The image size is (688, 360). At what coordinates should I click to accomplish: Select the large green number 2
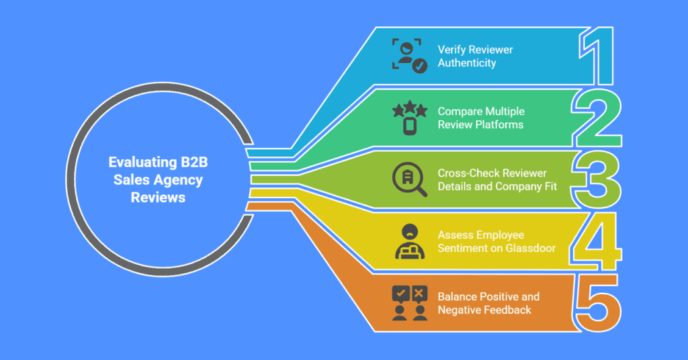click(x=597, y=119)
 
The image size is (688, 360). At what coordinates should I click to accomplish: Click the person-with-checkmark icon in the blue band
click(x=409, y=56)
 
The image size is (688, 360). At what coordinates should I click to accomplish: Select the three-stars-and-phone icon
click(x=409, y=118)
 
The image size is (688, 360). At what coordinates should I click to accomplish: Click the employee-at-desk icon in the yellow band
click(x=409, y=242)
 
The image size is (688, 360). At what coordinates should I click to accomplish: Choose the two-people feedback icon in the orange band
click(x=409, y=303)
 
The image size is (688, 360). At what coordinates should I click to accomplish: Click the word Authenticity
click(x=467, y=63)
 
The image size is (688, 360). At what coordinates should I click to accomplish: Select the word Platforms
click(x=501, y=125)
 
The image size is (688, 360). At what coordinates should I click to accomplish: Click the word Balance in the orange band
click(x=456, y=296)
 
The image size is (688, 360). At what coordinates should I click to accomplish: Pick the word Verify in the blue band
click(x=451, y=49)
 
